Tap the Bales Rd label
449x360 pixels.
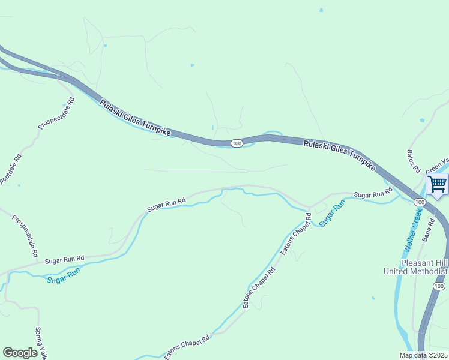(412, 161)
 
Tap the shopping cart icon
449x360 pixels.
(436, 184)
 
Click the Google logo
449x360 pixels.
(20, 353)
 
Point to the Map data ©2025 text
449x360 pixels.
(423, 355)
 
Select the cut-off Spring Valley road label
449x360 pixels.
(40, 343)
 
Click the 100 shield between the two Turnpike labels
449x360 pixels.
(236, 143)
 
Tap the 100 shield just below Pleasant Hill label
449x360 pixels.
(439, 288)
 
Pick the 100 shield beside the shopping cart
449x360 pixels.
(420, 202)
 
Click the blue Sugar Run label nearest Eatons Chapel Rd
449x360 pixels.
(333, 214)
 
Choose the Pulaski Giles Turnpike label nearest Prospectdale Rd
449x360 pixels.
(135, 118)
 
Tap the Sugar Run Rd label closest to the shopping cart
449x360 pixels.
(373, 194)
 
